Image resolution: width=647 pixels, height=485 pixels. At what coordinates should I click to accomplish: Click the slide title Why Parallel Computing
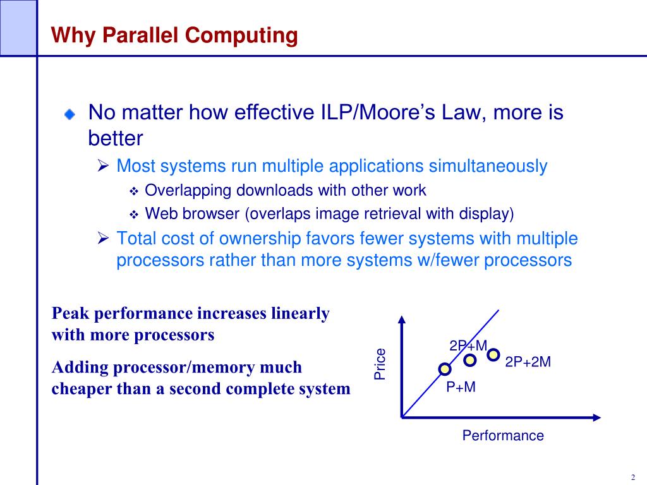tap(174, 35)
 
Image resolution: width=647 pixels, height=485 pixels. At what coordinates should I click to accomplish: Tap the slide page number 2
tap(632, 477)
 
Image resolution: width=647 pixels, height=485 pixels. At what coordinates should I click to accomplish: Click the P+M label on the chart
tap(461, 387)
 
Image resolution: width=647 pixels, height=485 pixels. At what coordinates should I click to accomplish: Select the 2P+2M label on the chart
tap(528, 362)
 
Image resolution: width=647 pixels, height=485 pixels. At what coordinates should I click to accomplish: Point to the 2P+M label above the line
tap(468, 345)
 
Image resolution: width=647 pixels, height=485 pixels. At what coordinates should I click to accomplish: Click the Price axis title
tap(380, 364)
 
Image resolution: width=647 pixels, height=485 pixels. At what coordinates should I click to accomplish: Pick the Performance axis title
tap(503, 436)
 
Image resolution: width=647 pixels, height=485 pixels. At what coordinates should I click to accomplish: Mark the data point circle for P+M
tap(445, 368)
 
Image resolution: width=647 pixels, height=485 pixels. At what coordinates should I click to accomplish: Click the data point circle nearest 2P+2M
tap(493, 354)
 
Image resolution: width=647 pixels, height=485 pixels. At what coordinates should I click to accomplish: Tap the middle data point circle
tap(470, 361)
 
